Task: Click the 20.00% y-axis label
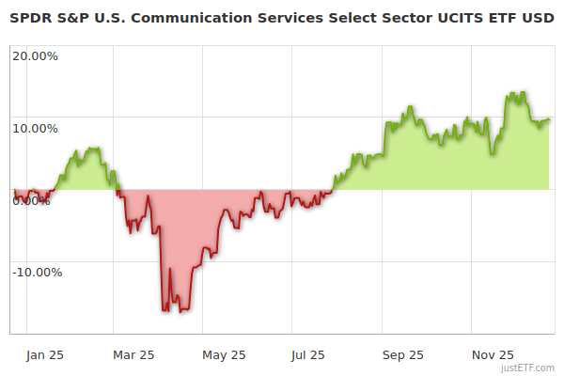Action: pyautogui.click(x=35, y=55)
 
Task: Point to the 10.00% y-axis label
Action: pyautogui.click(x=35, y=128)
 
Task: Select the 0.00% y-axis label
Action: pyautogui.click(x=32, y=200)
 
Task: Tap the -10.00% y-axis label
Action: pyautogui.click(x=35, y=273)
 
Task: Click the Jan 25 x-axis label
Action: pyautogui.click(x=44, y=355)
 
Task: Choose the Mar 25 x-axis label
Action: pyautogui.click(x=133, y=355)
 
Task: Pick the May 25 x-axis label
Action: pyautogui.click(x=224, y=355)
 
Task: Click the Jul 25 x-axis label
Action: pyautogui.click(x=308, y=355)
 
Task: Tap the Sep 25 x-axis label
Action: pyautogui.click(x=403, y=355)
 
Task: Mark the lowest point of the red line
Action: pyautogui.click(x=180, y=312)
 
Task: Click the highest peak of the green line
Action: pyautogui.click(x=513, y=92)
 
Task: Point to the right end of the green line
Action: pyautogui.click(x=549, y=119)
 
